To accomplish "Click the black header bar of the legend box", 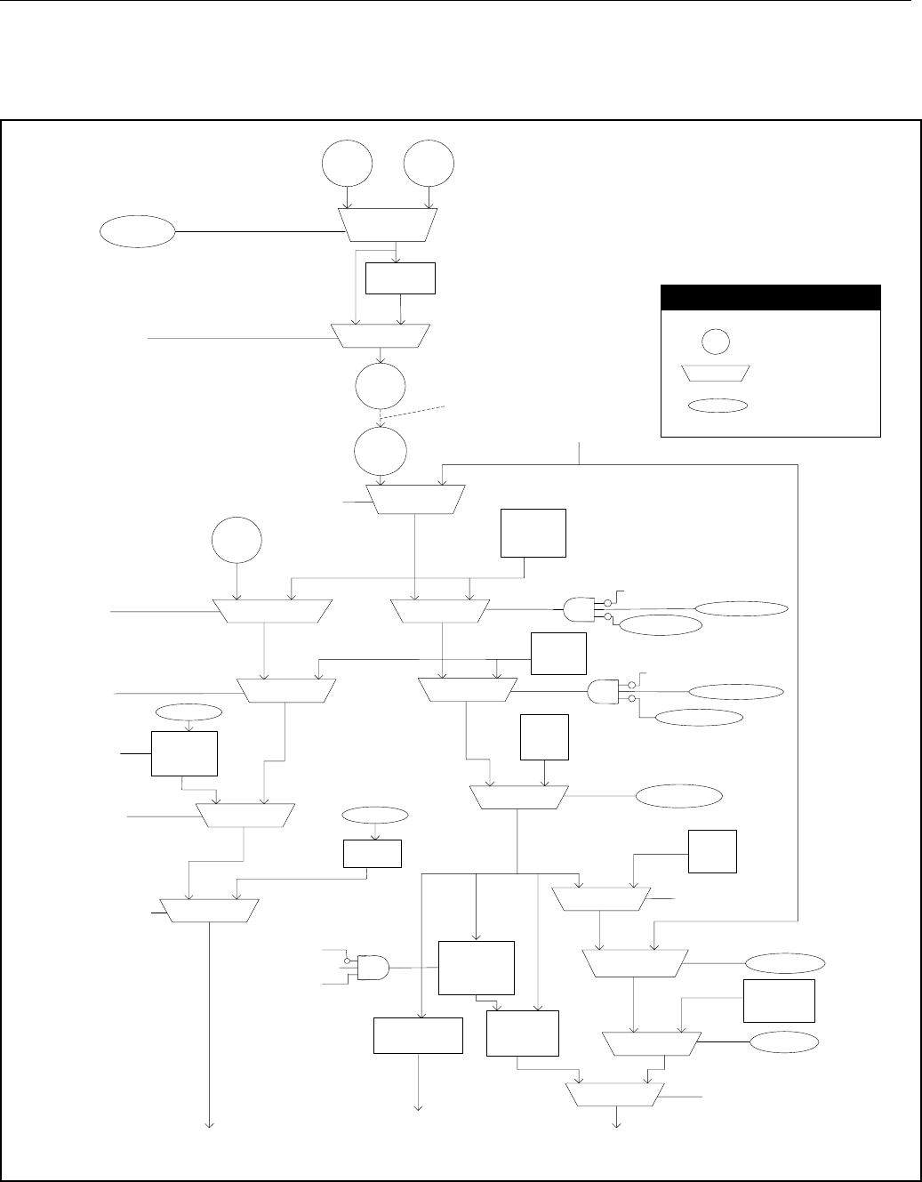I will point(770,296).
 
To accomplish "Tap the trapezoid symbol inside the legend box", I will point(716,373).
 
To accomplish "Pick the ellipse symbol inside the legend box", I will point(716,406).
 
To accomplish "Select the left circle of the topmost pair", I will point(347,164).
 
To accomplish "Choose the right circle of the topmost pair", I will point(429,164).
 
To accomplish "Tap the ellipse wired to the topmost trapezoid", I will point(137,232).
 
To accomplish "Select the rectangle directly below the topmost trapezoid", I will point(400,278).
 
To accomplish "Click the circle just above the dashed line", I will point(380,388).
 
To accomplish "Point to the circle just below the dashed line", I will point(381,451).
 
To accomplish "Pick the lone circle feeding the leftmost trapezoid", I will point(237,542).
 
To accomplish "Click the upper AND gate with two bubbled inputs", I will point(579,609).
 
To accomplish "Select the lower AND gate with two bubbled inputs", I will point(604,692).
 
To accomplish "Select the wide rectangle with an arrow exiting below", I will point(418,1035).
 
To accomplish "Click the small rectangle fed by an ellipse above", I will point(372,854).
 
